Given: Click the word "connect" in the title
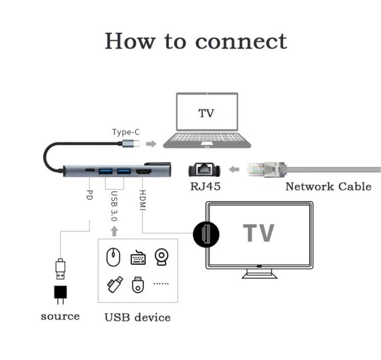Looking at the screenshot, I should tap(241, 41).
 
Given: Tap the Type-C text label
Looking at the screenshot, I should tap(125, 132).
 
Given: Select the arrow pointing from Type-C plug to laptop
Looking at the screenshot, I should tap(151, 144).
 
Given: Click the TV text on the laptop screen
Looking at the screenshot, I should tap(206, 113).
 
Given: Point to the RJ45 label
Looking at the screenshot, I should tap(206, 186).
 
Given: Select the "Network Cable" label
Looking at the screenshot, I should tap(328, 186).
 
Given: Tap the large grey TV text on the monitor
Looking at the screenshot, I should tap(259, 233).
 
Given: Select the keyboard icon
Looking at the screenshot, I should tap(138, 257).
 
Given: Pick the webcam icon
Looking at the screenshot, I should tap(162, 257).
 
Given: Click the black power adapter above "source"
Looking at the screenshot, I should tap(61, 294).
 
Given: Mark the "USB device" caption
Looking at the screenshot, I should tap(137, 318).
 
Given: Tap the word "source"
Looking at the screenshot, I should tap(60, 316).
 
